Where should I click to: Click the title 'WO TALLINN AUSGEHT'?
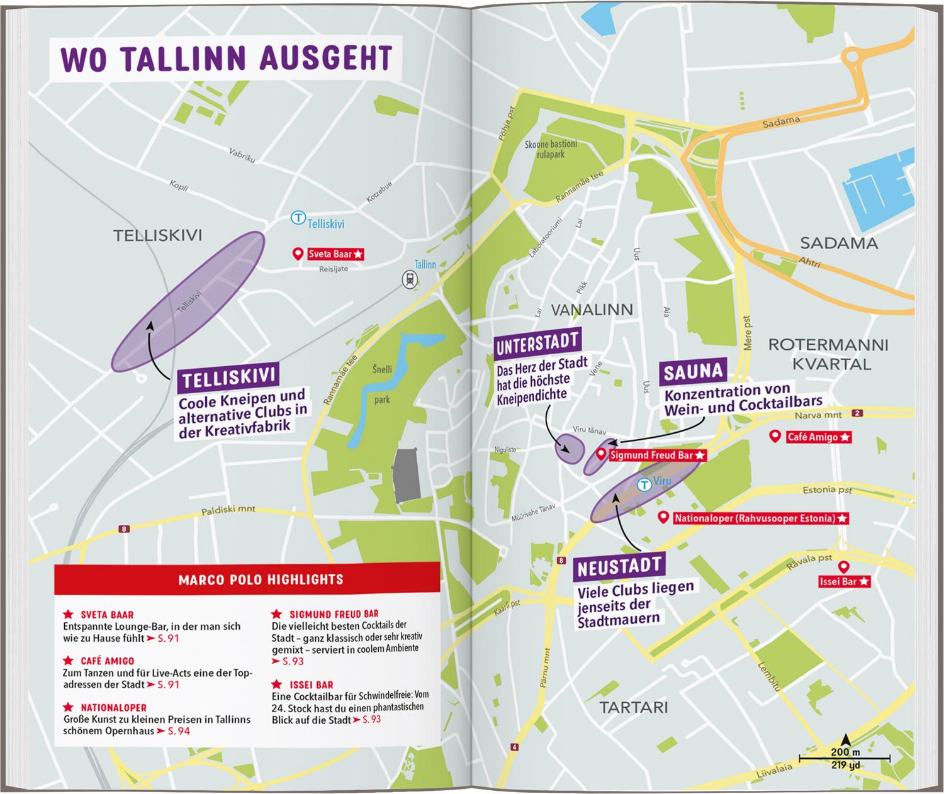pyautogui.click(x=225, y=58)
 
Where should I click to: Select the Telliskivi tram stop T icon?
pyautogui.click(x=298, y=218)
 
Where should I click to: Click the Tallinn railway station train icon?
pyautogui.click(x=411, y=279)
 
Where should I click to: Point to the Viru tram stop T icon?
pyautogui.click(x=644, y=484)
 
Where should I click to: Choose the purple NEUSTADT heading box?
pyautogui.click(x=619, y=566)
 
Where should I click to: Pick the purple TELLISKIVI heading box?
pyautogui.click(x=228, y=377)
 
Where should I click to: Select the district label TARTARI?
pyautogui.click(x=633, y=707)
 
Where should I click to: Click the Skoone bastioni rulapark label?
pyautogui.click(x=551, y=148)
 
